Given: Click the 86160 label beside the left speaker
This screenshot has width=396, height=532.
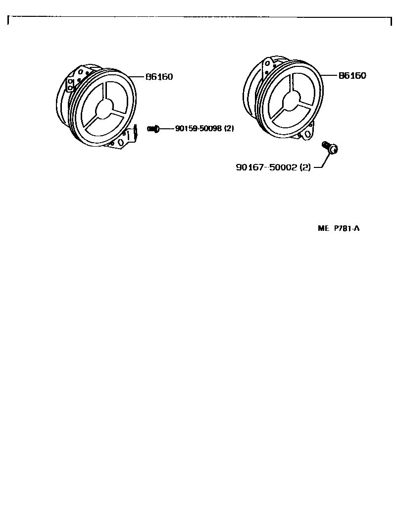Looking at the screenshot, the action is click(159, 77).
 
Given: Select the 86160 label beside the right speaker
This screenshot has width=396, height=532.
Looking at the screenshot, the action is click(352, 76).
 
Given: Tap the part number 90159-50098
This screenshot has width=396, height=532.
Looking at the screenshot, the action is click(198, 128).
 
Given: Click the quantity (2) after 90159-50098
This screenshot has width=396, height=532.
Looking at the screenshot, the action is click(229, 128).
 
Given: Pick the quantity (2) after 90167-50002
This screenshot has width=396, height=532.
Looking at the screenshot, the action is click(305, 167).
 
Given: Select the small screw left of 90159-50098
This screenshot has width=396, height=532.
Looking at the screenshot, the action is click(153, 129).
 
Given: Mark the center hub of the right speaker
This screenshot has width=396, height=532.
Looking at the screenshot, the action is click(291, 101).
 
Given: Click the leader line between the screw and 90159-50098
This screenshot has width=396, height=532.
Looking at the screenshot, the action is click(166, 129).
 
